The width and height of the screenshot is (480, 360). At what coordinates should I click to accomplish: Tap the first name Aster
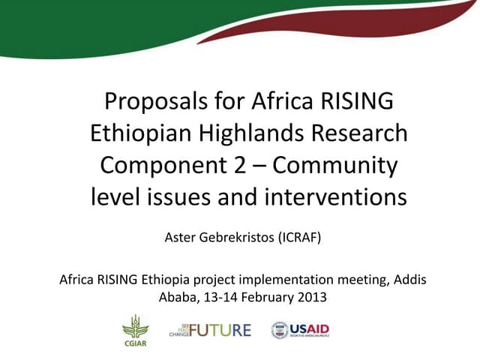click(x=178, y=239)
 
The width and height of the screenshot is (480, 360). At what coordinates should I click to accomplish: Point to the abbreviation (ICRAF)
click(x=300, y=239)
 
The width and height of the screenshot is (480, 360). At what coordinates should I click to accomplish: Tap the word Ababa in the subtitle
click(x=178, y=296)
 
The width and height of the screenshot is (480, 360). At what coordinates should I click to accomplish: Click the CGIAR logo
click(x=136, y=329)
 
